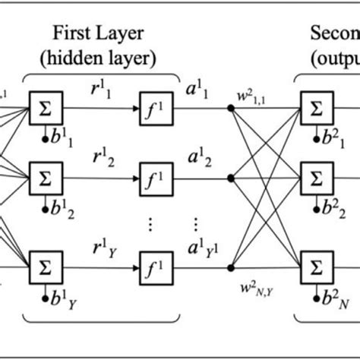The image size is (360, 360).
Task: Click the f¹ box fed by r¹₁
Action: [151, 111]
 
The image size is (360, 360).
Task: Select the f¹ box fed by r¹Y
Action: [151, 267]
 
